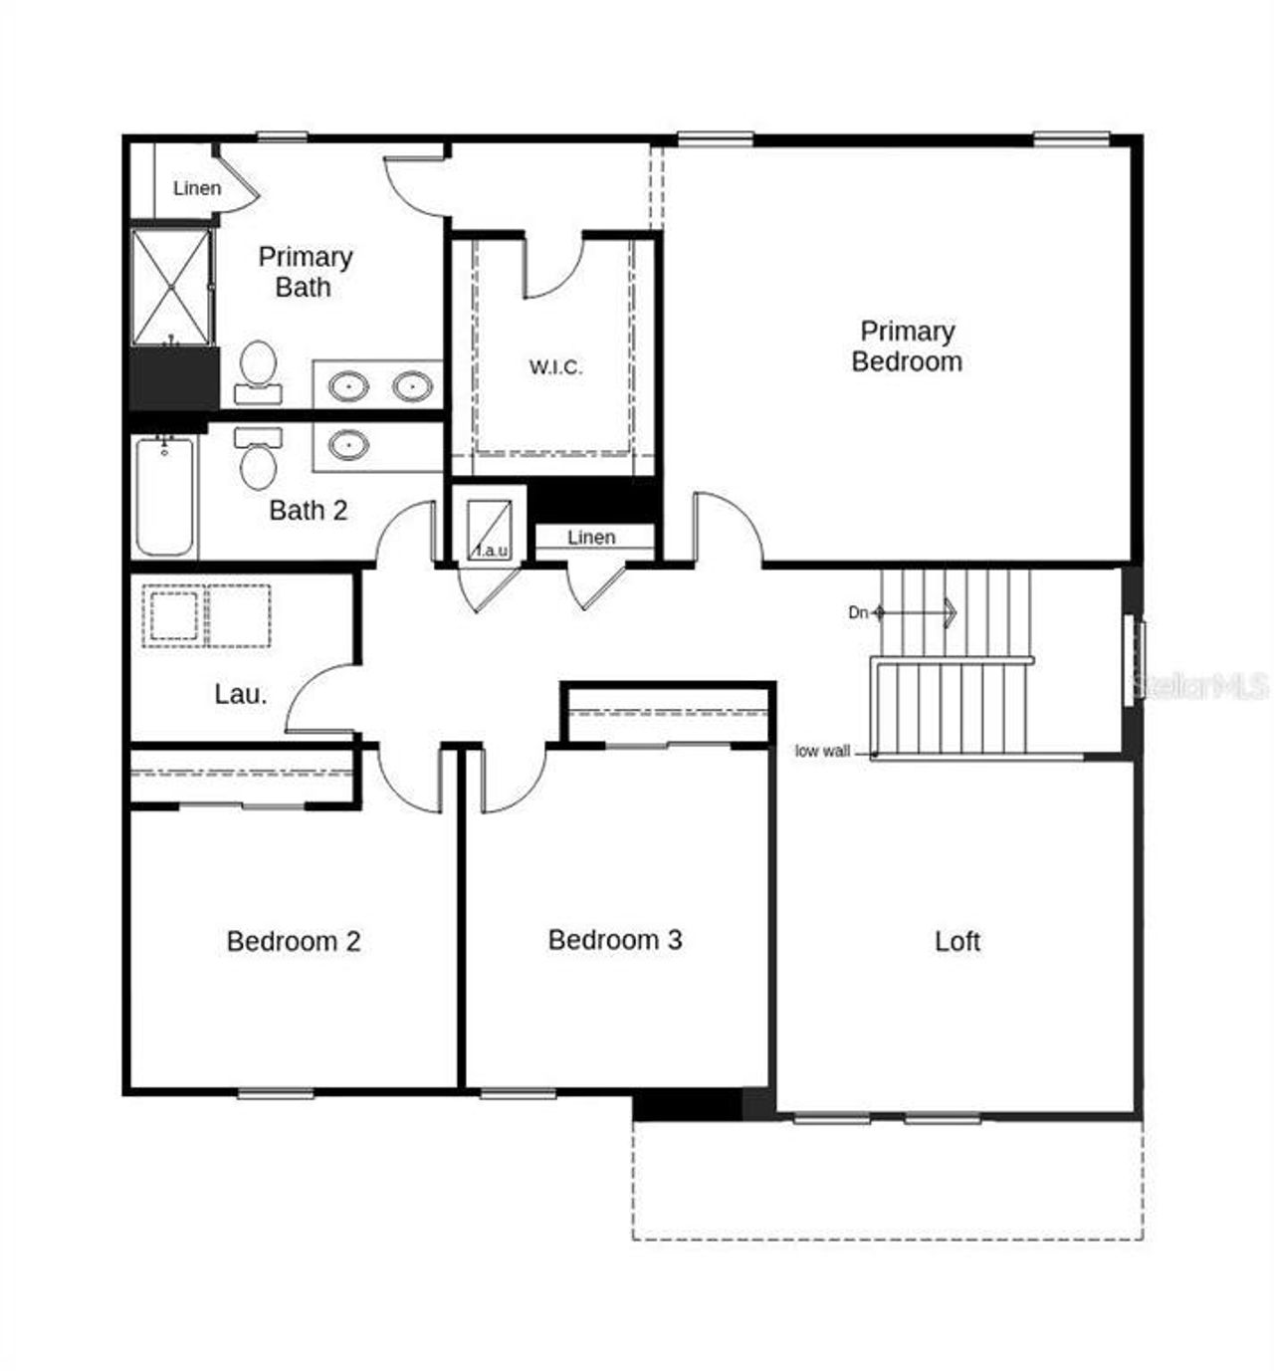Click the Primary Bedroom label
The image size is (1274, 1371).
pos(907,346)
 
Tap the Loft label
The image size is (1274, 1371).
pos(957,941)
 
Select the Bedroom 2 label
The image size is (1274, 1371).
pos(294,941)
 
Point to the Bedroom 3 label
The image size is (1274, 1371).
pos(615,940)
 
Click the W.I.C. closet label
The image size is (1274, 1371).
pos(555,367)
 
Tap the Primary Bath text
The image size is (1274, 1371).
pos(305,272)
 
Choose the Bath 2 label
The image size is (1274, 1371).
pos(309,511)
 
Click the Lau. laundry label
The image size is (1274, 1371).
pos(241,694)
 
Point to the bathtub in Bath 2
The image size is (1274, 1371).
pos(164,495)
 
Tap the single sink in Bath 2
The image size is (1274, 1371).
pos(347,444)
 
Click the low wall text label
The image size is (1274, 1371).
pos(822,751)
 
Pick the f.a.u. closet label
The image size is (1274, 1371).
pos(491,550)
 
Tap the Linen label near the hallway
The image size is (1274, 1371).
pos(591,538)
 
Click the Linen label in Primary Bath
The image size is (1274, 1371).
pos(197,188)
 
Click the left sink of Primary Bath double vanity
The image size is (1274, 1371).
pos(348,384)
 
